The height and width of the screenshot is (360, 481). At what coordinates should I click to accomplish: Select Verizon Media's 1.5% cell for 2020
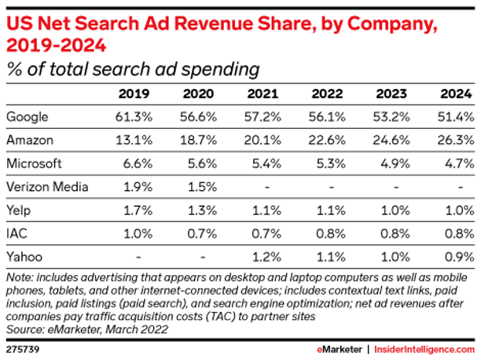pyautogui.click(x=200, y=187)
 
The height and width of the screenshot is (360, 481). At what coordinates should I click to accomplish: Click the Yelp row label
pyautogui.click(x=20, y=210)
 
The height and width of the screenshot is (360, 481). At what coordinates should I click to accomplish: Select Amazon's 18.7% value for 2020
pyautogui.click(x=200, y=141)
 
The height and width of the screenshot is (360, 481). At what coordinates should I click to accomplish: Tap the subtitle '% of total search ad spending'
pyautogui.click(x=134, y=69)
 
